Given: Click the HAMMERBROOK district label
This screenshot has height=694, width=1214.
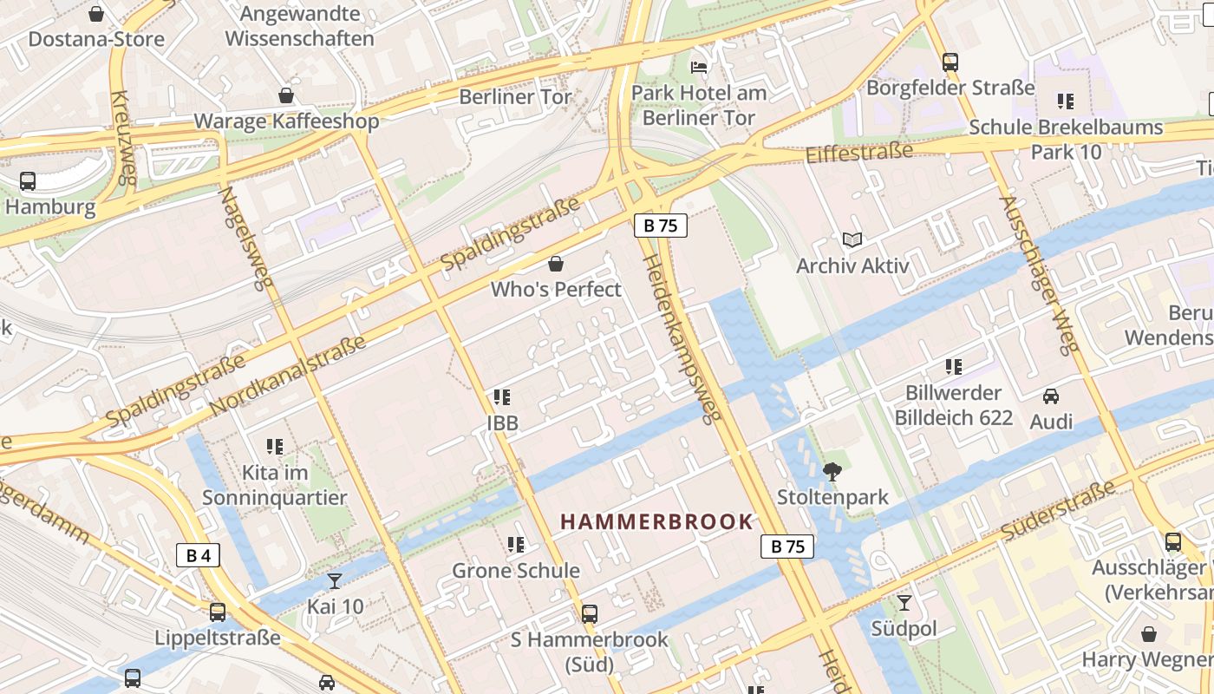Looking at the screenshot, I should [656, 521].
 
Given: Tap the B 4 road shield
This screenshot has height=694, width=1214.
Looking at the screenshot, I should [198, 555].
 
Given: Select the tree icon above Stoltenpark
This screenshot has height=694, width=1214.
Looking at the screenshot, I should [832, 472].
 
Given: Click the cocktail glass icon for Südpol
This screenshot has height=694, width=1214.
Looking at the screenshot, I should [904, 602].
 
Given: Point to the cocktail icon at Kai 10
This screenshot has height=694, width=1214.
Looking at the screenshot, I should [335, 580].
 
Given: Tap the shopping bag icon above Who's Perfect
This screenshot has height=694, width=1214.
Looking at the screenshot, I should [556, 264].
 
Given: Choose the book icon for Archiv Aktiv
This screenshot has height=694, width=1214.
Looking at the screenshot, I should [852, 239].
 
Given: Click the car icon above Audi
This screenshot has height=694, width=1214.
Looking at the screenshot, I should [1051, 396].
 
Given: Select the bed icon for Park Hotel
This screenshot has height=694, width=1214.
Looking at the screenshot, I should [699, 67].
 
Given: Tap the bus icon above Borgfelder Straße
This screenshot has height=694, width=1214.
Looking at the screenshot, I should [950, 62].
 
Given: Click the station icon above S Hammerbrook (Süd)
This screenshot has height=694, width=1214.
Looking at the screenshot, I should [590, 614].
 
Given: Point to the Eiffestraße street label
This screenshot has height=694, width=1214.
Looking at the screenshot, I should [859, 153].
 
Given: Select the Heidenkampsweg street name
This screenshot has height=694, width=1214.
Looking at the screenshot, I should [682, 339].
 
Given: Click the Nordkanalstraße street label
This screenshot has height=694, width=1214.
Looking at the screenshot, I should [288, 375].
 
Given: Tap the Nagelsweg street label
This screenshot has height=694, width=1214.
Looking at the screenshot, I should [245, 239].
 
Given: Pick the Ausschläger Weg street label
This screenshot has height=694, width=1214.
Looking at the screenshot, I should [1039, 273].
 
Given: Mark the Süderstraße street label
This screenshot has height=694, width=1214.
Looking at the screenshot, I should [1058, 511].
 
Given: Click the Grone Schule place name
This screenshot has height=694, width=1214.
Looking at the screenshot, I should [516, 571].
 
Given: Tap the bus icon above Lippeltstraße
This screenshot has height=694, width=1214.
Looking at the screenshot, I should [218, 612].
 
